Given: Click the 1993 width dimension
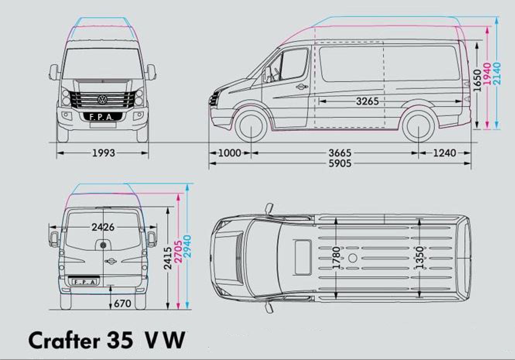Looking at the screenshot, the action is tap(103, 153).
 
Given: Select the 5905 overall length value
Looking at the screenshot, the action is tap(340, 164).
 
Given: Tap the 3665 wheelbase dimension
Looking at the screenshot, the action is tap(340, 153).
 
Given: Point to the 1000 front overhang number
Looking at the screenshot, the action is tap(229, 153).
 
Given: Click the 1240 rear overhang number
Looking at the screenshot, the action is tap(445, 153).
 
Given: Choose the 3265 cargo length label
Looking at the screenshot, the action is tap(368, 101).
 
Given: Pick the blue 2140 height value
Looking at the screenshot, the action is tap(497, 74).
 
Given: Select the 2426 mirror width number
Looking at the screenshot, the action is tap(103, 227).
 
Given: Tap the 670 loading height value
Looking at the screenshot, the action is tap(123, 303).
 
